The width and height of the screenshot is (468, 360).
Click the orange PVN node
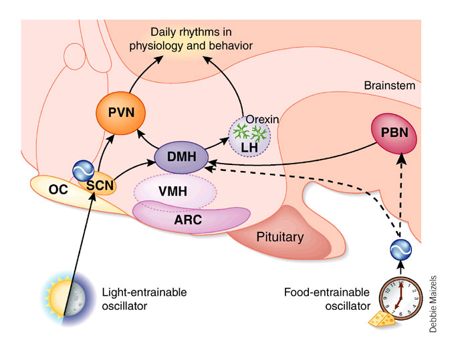[120, 113]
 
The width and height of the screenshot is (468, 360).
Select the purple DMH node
[181, 156]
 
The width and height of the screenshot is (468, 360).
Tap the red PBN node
[394, 133]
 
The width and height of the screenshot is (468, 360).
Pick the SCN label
[100, 186]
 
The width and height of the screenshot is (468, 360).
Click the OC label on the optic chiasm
[58, 190]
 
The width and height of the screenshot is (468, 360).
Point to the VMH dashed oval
[175, 191]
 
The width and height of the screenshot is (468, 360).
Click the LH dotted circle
[249, 137]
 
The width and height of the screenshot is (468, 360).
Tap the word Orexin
[262, 120]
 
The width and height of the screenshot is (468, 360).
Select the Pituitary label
[280, 237]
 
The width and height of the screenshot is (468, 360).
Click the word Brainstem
[390, 85]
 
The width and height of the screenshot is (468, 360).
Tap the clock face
[400, 299]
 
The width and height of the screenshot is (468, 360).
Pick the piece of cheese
[382, 319]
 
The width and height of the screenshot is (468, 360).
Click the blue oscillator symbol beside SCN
[84, 170]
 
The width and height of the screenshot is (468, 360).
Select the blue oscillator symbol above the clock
[401, 250]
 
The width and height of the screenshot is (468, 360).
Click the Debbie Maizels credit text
[433, 304]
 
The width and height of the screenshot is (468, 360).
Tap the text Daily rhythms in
[191, 32]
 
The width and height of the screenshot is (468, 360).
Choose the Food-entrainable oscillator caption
[327, 299]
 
